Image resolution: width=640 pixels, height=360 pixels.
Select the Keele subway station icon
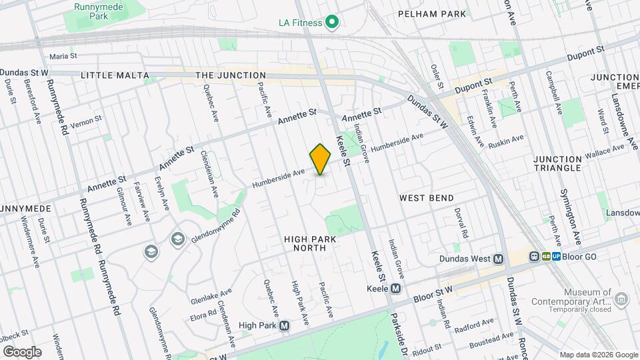395,289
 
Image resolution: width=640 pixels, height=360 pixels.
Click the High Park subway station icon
285,326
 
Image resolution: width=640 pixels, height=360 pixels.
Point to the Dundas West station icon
498,258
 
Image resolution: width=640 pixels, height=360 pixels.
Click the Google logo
22,351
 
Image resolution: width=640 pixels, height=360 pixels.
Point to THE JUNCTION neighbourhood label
231,75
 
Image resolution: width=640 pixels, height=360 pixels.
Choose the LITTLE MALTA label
115,75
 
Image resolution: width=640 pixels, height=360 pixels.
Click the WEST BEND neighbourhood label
427,198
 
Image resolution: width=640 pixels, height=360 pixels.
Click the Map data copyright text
597,354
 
